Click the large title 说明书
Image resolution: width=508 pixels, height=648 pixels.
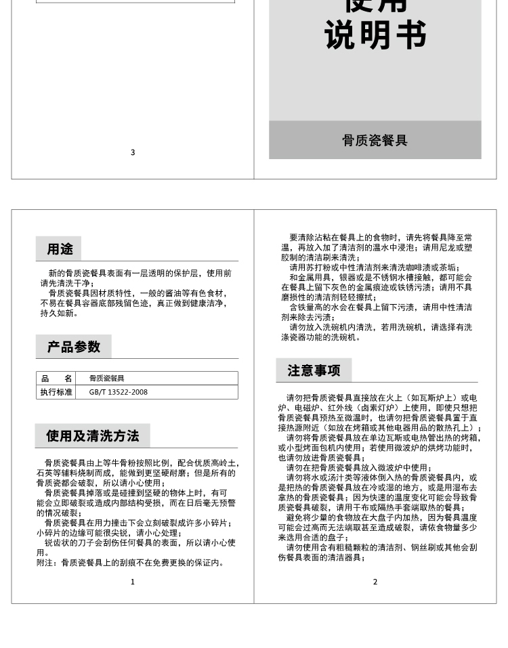[x=375, y=35]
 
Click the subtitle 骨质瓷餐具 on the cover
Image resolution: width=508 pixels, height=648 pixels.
[x=375, y=141]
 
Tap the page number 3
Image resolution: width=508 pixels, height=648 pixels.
[x=133, y=152]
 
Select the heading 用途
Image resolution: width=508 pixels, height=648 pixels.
[x=60, y=249]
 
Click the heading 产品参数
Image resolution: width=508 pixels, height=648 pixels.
[x=74, y=347]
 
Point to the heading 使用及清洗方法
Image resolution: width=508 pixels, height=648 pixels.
[x=92, y=436]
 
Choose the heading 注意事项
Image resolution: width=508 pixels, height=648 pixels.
[x=314, y=370]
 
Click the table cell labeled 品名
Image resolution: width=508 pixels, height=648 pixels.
[x=56, y=379]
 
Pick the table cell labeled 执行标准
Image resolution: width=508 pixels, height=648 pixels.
[x=56, y=392]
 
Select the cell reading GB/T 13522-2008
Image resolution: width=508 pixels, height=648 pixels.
[x=118, y=392]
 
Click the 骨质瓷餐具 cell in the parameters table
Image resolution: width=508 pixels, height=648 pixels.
[x=106, y=379]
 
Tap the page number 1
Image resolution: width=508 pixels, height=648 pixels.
[x=133, y=582]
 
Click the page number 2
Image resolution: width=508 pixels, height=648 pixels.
[x=375, y=582]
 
